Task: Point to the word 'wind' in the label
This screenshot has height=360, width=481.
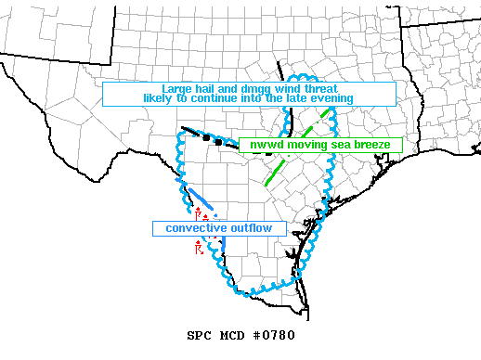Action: (281, 88)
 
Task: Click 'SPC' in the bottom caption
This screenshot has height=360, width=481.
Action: (198, 336)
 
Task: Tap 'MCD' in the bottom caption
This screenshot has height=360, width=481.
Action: (232, 336)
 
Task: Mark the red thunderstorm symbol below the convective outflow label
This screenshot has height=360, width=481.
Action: (199, 247)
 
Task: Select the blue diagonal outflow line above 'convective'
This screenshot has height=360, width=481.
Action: (199, 199)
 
